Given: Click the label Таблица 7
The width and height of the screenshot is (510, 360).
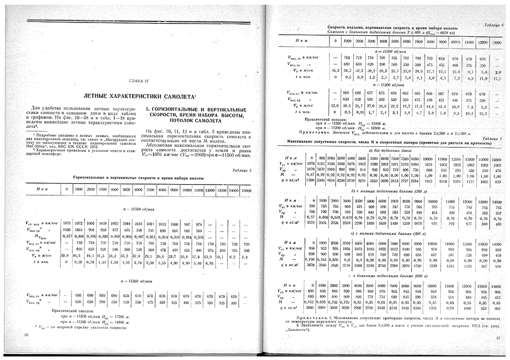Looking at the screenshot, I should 493,138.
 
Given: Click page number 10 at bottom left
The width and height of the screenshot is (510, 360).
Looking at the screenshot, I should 27,335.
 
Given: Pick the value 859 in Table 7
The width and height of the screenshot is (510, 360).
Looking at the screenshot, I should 497,182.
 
